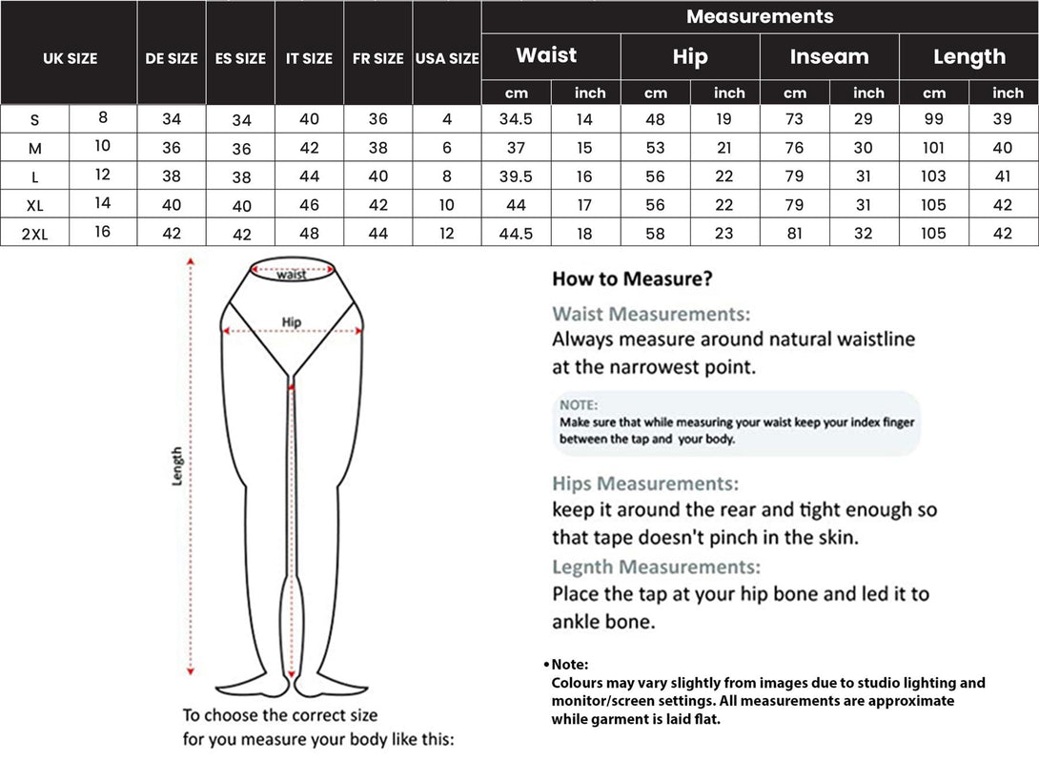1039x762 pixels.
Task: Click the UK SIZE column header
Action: click(70, 58)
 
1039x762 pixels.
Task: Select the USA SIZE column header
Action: click(447, 58)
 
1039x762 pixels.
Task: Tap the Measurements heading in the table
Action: click(760, 17)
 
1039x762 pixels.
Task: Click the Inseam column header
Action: click(829, 56)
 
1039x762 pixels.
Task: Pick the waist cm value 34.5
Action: click(516, 120)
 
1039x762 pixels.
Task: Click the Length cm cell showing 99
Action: click(934, 120)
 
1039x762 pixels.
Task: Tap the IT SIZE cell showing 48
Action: click(309, 234)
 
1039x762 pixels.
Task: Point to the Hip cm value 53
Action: click(656, 148)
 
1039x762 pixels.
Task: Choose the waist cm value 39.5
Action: click(516, 176)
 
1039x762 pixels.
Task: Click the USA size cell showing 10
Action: click(447, 205)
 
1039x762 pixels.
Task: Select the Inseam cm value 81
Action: click(795, 234)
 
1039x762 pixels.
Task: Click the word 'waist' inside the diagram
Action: click(292, 275)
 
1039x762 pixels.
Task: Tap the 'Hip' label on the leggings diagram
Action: click(292, 322)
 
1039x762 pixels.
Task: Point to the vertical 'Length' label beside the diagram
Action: click(177, 466)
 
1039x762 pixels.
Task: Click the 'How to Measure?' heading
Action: click(632, 279)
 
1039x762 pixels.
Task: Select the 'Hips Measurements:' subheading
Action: click(645, 484)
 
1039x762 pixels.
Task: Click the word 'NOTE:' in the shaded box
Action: click(578, 404)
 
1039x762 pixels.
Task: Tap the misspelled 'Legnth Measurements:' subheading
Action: click(656, 566)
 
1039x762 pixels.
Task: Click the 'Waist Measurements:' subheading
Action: click(651, 314)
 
